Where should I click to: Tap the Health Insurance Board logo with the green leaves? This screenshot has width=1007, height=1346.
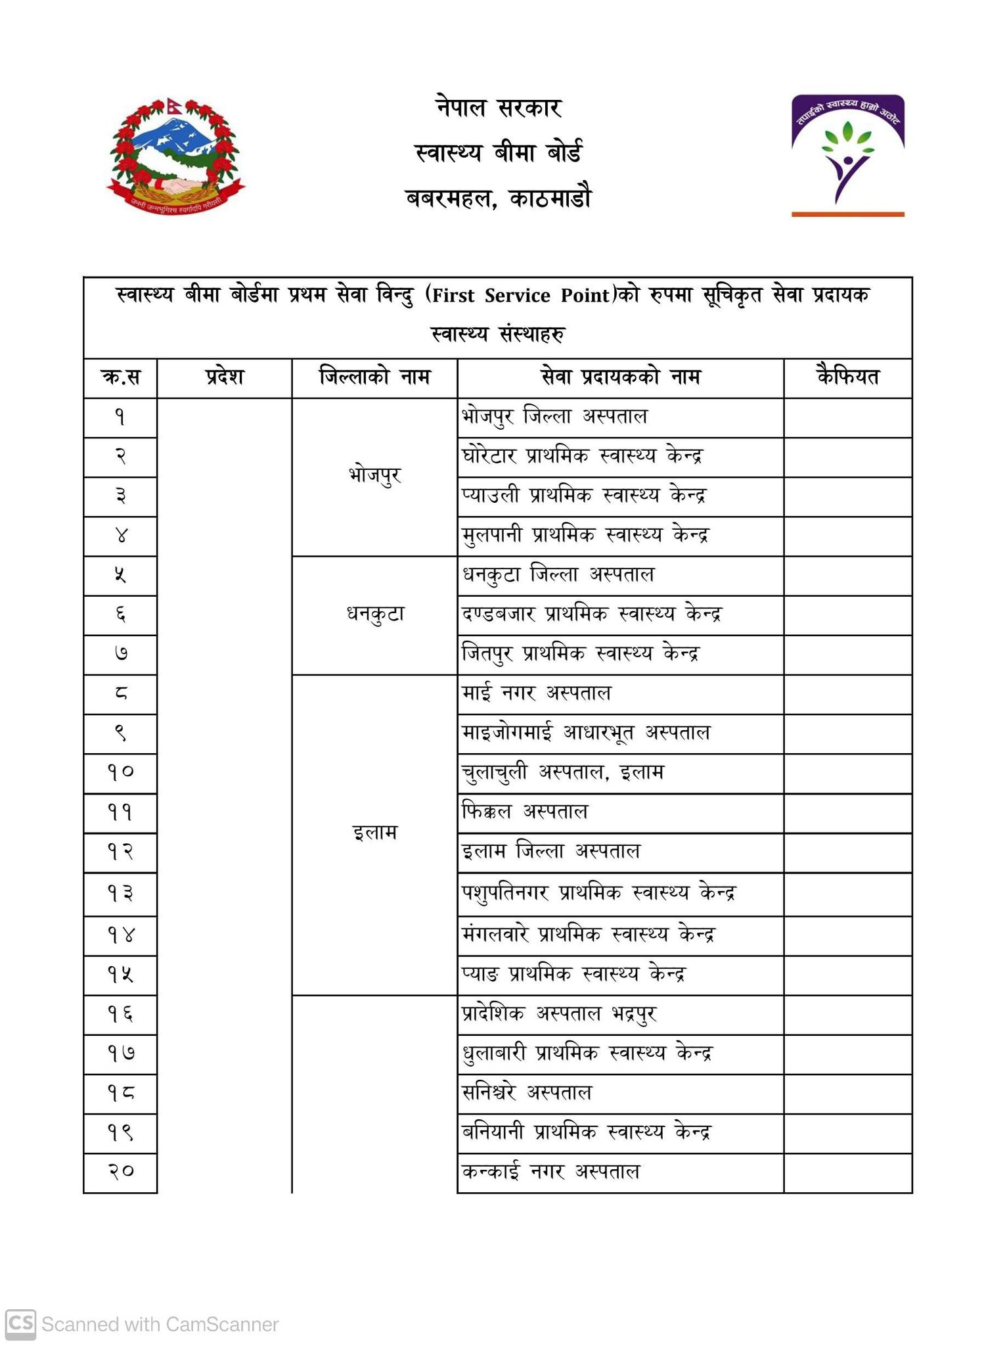click(847, 155)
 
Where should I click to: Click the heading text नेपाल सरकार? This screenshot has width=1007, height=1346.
click(499, 107)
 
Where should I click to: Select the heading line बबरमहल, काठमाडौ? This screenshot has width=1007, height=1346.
click(499, 198)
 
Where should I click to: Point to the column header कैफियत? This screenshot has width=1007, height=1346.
click(847, 377)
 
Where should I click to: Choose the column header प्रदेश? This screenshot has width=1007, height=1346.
click(224, 377)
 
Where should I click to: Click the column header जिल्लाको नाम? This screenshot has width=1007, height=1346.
click(374, 377)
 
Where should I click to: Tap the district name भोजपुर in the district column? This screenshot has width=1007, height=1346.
click(374, 475)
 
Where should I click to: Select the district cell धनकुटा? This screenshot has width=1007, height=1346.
click(374, 615)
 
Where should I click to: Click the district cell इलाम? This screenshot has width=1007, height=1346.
click(374, 833)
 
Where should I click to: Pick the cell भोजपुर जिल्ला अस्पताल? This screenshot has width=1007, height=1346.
click(554, 417)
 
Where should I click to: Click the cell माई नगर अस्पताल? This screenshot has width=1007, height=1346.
click(536, 693)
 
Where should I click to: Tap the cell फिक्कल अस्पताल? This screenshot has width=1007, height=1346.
click(524, 812)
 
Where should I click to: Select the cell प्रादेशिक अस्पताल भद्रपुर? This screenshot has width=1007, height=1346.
click(559, 1013)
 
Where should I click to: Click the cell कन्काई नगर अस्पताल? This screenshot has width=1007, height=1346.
click(550, 1171)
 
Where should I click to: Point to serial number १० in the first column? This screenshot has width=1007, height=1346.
click(120, 772)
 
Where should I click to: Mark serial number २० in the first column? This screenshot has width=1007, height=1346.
click(120, 1171)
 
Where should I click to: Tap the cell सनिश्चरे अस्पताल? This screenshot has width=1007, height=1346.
click(526, 1092)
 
